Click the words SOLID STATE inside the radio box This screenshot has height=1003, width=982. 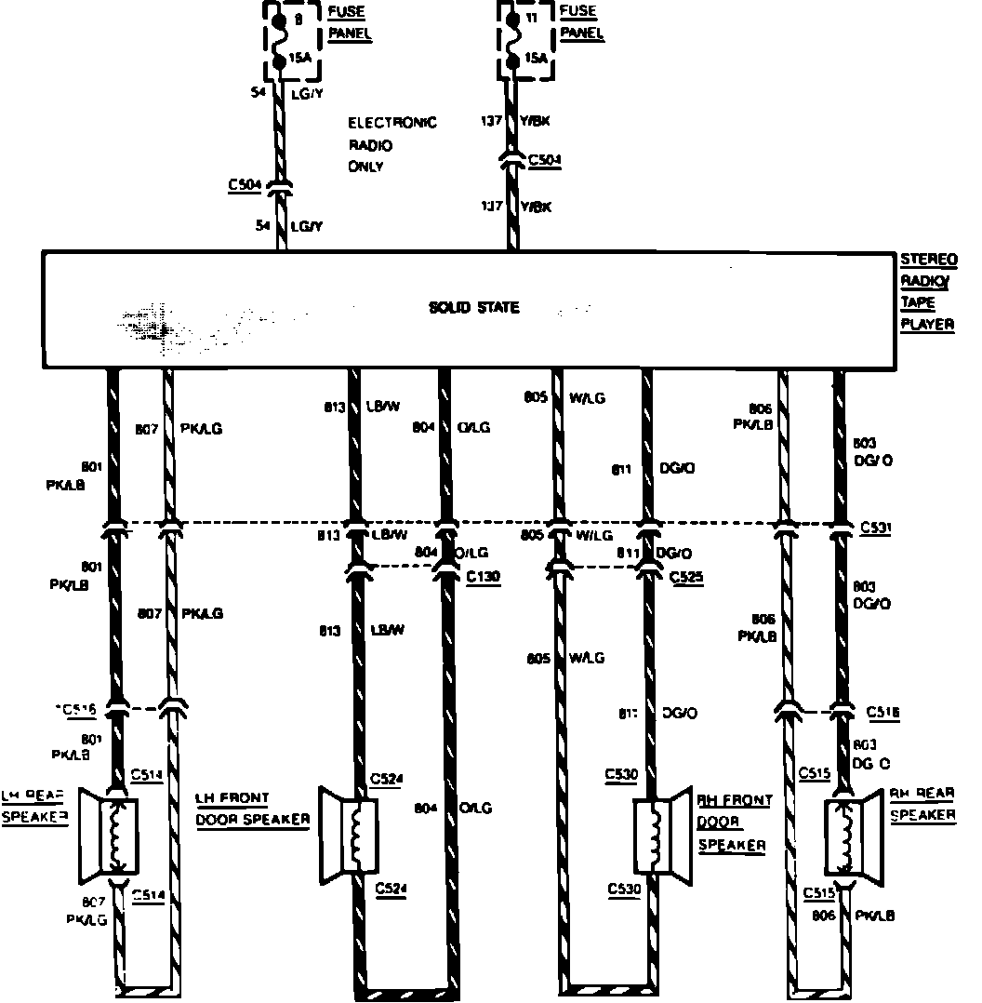pos(473,308)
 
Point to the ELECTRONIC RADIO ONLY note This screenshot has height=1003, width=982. pos(391,145)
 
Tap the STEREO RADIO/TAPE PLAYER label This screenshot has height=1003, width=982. pos(926,291)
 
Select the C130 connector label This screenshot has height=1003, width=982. pos(483,578)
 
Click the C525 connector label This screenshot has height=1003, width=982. pos(686,578)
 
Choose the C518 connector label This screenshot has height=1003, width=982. pos(882,713)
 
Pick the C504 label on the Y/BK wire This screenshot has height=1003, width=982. pos(545,161)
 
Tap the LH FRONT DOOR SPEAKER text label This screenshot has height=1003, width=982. pos(251,809)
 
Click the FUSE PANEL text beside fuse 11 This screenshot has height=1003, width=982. pos(582,23)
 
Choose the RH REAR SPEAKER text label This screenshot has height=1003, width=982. pos(922,804)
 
